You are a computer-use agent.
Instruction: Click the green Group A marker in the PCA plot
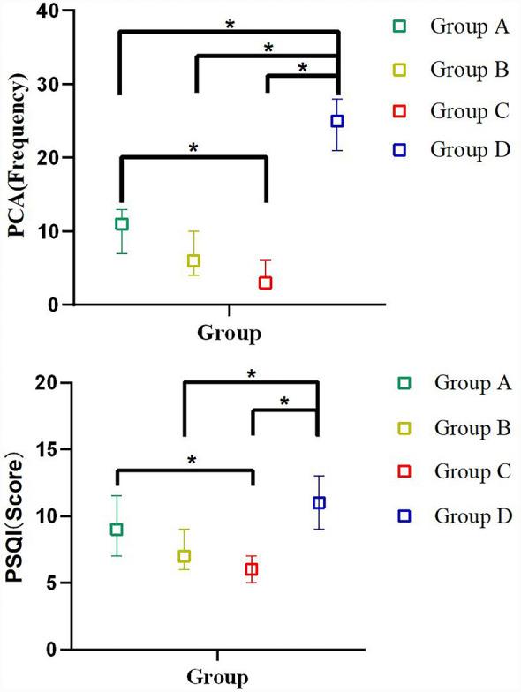(x=121, y=224)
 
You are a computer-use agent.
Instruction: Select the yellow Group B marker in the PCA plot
(x=193, y=260)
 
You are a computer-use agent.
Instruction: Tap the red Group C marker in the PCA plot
(x=265, y=282)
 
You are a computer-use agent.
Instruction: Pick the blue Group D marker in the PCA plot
(x=337, y=121)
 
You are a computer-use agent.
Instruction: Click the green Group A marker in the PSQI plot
(x=116, y=530)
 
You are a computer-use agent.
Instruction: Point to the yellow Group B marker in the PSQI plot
(x=184, y=556)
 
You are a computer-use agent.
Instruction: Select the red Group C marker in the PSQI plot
(x=252, y=569)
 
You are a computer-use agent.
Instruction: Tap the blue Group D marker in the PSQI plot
(x=319, y=502)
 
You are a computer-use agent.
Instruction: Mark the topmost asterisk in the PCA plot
(x=230, y=24)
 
